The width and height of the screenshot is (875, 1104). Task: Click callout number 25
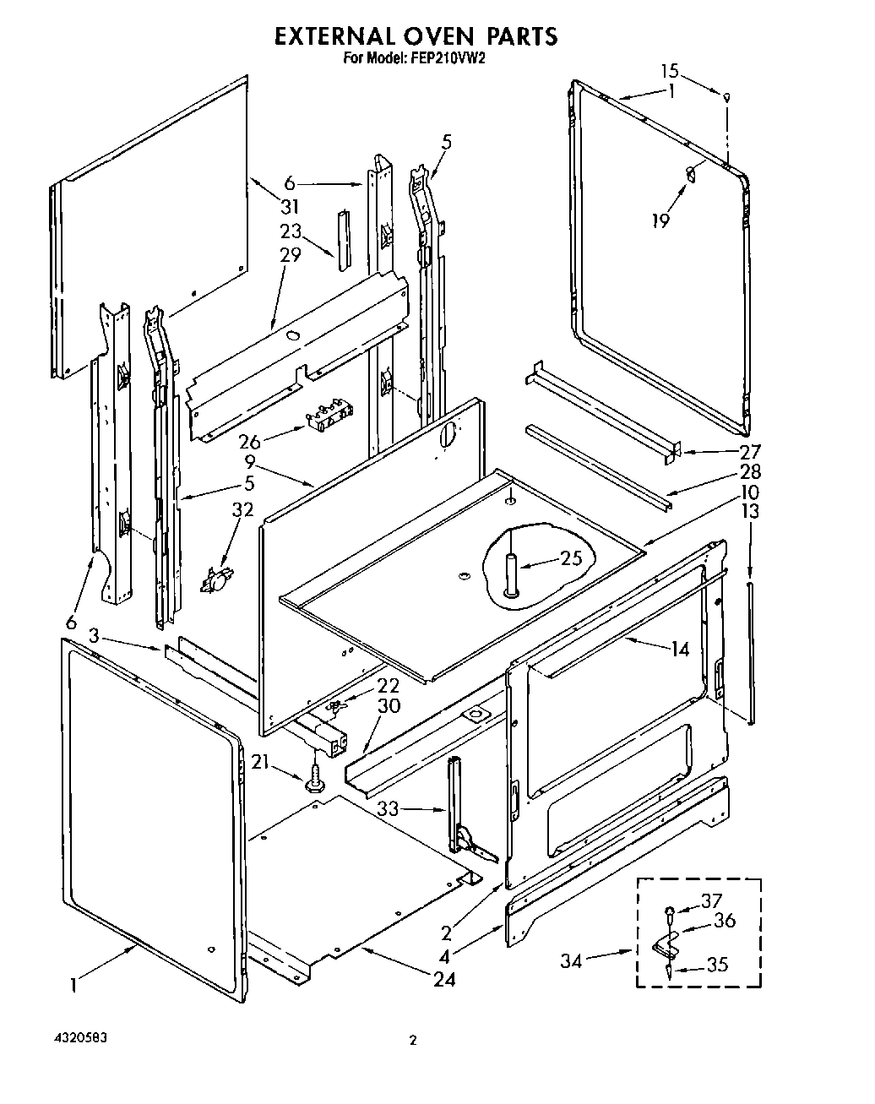[x=571, y=558]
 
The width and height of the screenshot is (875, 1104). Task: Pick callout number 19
[x=660, y=220]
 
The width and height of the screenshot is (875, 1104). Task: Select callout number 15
[x=669, y=71]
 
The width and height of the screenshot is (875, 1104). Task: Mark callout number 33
[x=388, y=808]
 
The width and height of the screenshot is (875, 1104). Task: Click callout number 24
[x=444, y=979]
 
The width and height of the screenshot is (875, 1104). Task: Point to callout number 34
[x=573, y=960]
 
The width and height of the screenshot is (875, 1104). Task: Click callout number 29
[x=290, y=254]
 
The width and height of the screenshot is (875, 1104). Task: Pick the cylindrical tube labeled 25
[x=511, y=574]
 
